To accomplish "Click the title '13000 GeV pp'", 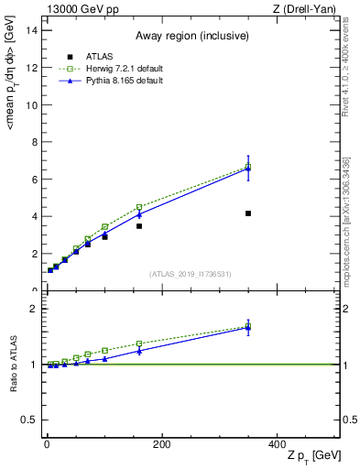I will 82,8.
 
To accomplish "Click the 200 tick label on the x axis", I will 161,444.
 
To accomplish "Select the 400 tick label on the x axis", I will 277,444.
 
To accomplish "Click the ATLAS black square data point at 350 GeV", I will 248,213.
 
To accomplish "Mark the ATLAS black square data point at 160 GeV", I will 139,225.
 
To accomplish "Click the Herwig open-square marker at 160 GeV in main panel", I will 139,207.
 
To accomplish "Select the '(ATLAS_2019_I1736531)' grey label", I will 190,274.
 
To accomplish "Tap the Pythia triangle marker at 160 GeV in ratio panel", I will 139,350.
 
